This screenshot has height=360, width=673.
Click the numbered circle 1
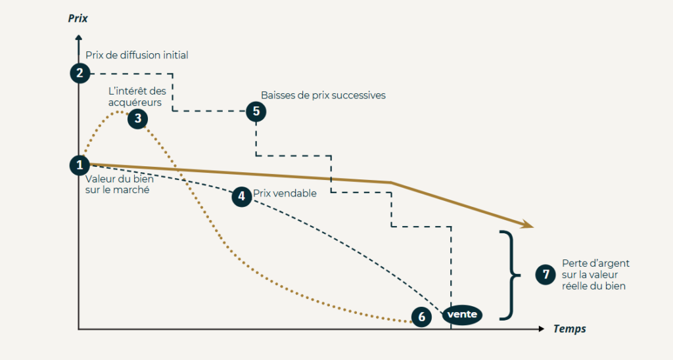[80, 165]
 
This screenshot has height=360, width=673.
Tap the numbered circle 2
[80, 72]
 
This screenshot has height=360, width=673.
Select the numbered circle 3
[137, 118]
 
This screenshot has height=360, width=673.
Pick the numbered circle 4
[242, 196]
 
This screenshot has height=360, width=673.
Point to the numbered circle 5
[256, 111]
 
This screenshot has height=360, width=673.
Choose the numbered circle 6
[421, 317]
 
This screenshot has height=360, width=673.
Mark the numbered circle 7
[545, 274]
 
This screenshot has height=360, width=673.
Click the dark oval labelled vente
[462, 315]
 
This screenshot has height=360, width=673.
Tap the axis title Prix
[78, 18]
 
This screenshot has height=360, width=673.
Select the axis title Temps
[569, 328]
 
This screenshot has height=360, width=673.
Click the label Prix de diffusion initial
[137, 55]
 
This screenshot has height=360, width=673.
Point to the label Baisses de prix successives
[323, 95]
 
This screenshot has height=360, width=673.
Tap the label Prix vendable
[285, 193]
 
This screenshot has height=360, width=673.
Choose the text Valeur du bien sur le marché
[118, 185]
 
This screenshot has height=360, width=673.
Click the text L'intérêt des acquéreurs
[137, 97]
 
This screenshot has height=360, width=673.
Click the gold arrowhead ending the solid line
[527, 225]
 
